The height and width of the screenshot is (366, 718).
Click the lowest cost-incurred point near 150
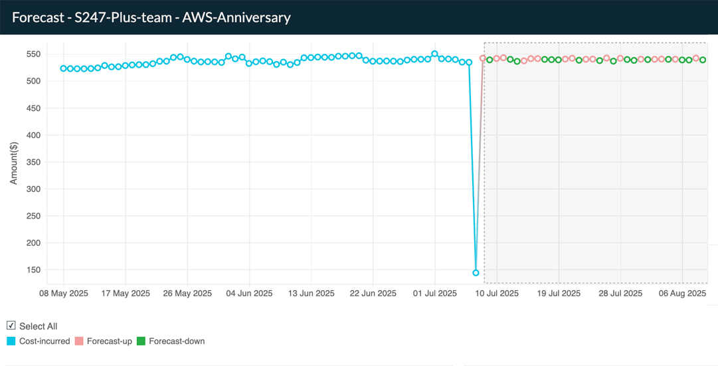point(476,273)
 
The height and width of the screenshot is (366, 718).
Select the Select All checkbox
point(11,325)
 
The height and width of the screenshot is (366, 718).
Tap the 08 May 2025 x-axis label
point(64,293)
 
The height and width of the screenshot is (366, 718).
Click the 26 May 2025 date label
point(187,293)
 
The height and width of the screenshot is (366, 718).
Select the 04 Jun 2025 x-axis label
point(249,293)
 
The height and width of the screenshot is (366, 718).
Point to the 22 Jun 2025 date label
point(373,293)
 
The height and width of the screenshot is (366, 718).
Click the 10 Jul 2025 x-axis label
point(497,293)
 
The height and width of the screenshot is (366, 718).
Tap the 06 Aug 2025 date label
point(682,293)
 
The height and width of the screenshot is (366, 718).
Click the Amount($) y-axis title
point(15,162)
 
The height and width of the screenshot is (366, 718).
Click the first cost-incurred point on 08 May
point(64,68)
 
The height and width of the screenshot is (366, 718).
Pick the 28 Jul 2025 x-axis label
point(620,293)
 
